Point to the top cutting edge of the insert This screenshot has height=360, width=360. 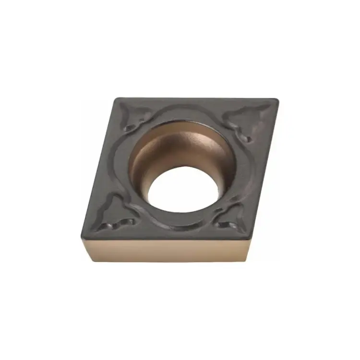pos(197,99)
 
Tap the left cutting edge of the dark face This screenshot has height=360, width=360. pos(100,168)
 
